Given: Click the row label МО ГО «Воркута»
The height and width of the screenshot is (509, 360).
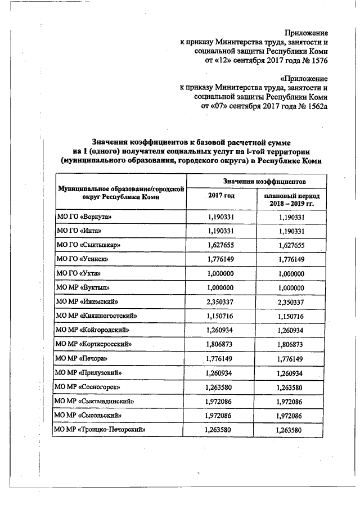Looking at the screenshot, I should tap(80, 217).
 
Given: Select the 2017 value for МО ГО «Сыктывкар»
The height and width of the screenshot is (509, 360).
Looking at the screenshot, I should tap(221, 245).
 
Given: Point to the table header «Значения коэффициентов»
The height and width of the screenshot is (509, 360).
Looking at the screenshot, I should tap(256, 182).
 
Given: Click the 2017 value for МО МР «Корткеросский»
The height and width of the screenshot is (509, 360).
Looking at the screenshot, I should tap(221, 344).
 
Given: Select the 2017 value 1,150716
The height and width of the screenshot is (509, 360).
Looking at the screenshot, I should tap(221, 316).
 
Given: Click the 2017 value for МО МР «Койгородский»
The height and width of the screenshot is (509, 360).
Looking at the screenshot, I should tap(221, 330).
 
